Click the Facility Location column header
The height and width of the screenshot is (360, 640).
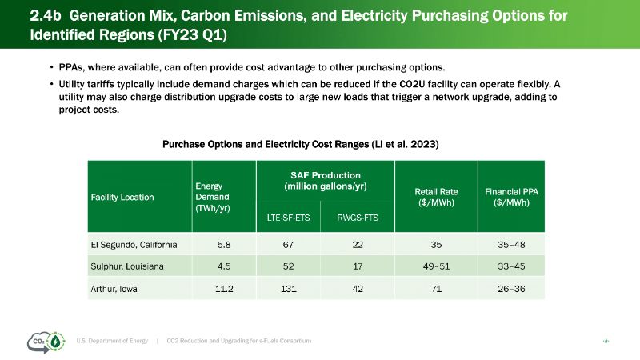tap(122, 196)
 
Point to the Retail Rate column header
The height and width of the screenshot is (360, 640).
tap(436, 196)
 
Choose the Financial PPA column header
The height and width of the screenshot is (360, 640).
tap(510, 196)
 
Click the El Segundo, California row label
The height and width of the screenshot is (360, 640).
tap(133, 244)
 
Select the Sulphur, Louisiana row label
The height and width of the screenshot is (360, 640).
tap(126, 266)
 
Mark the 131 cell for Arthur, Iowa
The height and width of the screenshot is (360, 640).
tap(287, 288)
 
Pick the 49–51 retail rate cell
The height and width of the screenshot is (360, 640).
tap(436, 266)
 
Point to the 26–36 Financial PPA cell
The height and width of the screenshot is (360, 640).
tap(510, 288)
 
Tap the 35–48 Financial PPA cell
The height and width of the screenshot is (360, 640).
tap(510, 244)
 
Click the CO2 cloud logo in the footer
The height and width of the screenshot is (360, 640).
tap(44, 342)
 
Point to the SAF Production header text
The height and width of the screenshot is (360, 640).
tap(325, 181)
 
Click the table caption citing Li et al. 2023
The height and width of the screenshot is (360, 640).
tap(301, 144)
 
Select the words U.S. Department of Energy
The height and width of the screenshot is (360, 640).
tap(113, 342)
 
